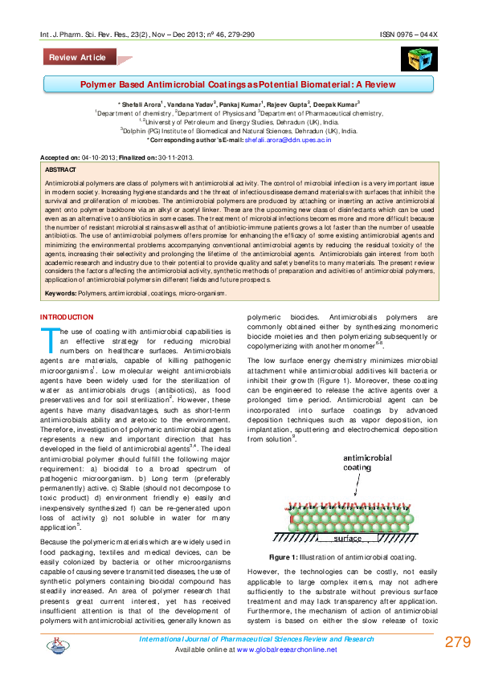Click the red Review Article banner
(x=78, y=58)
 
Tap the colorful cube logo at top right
(x=417, y=59)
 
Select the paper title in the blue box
(x=239, y=83)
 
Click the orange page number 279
(x=457, y=642)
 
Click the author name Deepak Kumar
(x=335, y=105)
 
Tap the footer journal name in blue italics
(x=257, y=639)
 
